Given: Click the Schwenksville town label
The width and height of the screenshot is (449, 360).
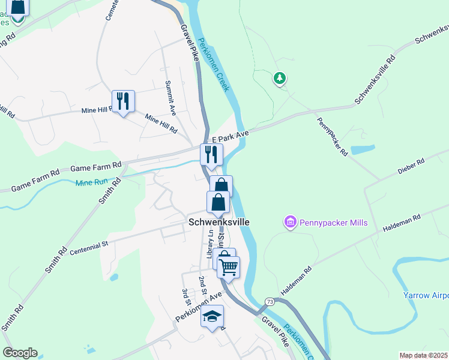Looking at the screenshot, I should pyautogui.click(x=218, y=221).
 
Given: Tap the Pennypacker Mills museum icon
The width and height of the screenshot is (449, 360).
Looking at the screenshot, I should pyautogui.click(x=291, y=223).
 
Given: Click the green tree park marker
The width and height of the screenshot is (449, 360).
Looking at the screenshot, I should pyautogui.click(x=279, y=78).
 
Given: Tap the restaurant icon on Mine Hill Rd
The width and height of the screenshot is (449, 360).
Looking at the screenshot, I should pyautogui.click(x=123, y=101).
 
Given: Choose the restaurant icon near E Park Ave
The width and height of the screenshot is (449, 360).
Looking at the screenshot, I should pyautogui.click(x=211, y=155).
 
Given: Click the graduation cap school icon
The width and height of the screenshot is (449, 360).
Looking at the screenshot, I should pyautogui.click(x=212, y=316).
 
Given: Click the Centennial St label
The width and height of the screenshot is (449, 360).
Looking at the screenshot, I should pyautogui.click(x=88, y=245).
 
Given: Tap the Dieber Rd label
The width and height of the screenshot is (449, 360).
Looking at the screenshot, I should pyautogui.click(x=411, y=166).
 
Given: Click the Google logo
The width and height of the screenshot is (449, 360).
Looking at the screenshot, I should pyautogui.click(x=20, y=353).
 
